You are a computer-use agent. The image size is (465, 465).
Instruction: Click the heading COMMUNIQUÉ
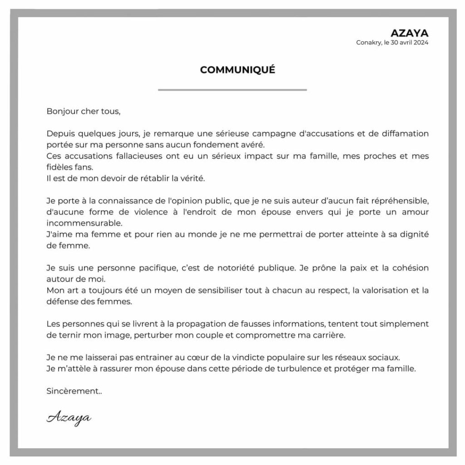click(237, 70)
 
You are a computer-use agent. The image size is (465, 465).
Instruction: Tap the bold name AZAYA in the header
click(410, 33)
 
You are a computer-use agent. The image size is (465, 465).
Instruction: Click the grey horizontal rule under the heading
click(232, 90)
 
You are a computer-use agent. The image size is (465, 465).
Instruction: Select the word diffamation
click(405, 134)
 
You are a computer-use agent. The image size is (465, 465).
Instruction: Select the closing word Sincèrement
click(73, 391)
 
